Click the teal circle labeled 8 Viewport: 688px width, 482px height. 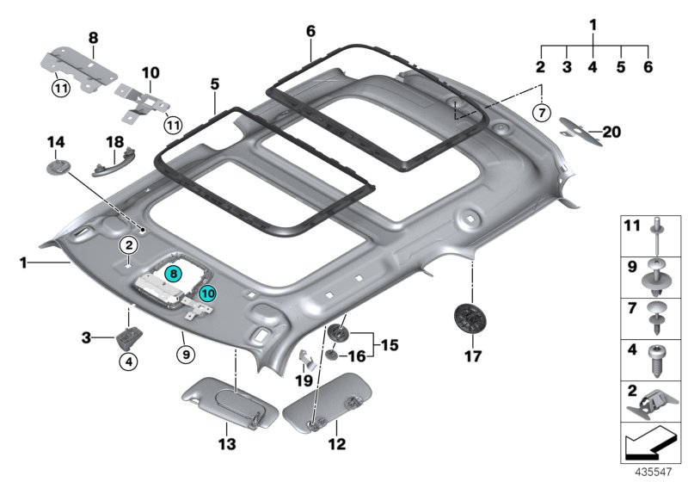click(174, 274)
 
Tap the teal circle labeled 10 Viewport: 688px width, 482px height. click(207, 293)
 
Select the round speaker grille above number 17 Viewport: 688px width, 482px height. click(470, 318)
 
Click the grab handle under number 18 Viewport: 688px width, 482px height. click(114, 162)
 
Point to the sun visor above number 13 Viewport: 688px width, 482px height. click(230, 403)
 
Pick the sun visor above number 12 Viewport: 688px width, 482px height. click(328, 403)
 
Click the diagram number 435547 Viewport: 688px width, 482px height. click(654, 472)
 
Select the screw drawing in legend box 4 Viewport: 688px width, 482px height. click(656, 361)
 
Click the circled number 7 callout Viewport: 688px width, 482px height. click(542, 113)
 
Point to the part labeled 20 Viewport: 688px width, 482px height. click(580, 131)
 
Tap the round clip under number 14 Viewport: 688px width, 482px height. click(58, 168)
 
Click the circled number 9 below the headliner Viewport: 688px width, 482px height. click(186, 355)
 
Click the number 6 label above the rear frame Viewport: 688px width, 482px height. click(310, 31)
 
